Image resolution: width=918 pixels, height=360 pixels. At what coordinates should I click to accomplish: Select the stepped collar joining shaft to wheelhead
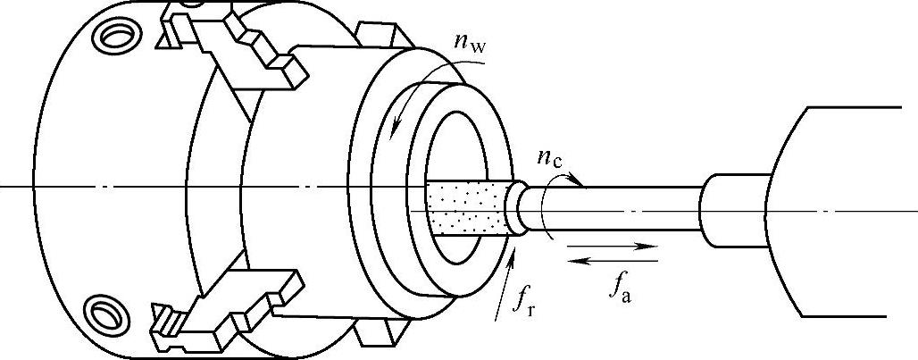724,211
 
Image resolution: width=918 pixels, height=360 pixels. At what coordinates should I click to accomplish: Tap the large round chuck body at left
89,179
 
